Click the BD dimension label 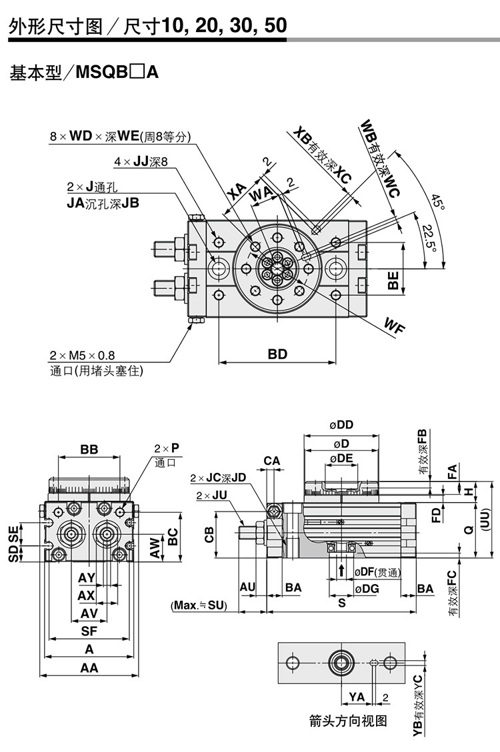pyautogui.click(x=277, y=354)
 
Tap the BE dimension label pyautogui.click(x=394, y=280)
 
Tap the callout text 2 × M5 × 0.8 pyautogui.click(x=86, y=356)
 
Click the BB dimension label pyautogui.click(x=89, y=450)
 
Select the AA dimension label pyautogui.click(x=89, y=668)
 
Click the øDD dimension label pyautogui.click(x=341, y=425)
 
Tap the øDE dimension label pyautogui.click(x=341, y=458)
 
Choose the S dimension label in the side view pyautogui.click(x=341, y=603)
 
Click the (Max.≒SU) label pyautogui.click(x=199, y=605)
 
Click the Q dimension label pyautogui.click(x=469, y=529)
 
